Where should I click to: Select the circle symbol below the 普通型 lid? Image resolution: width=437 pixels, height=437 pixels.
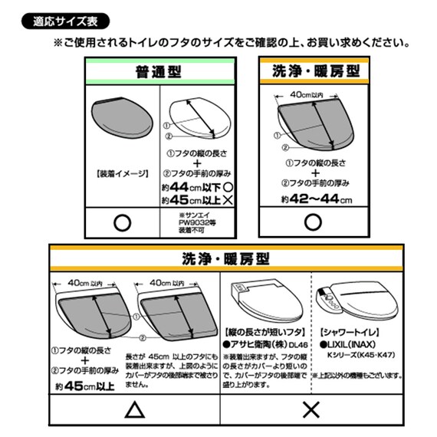[x=120, y=222]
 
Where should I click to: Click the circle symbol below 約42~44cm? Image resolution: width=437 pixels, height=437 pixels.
[x=313, y=222]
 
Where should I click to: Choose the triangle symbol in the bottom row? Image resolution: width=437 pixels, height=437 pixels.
[x=135, y=411]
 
